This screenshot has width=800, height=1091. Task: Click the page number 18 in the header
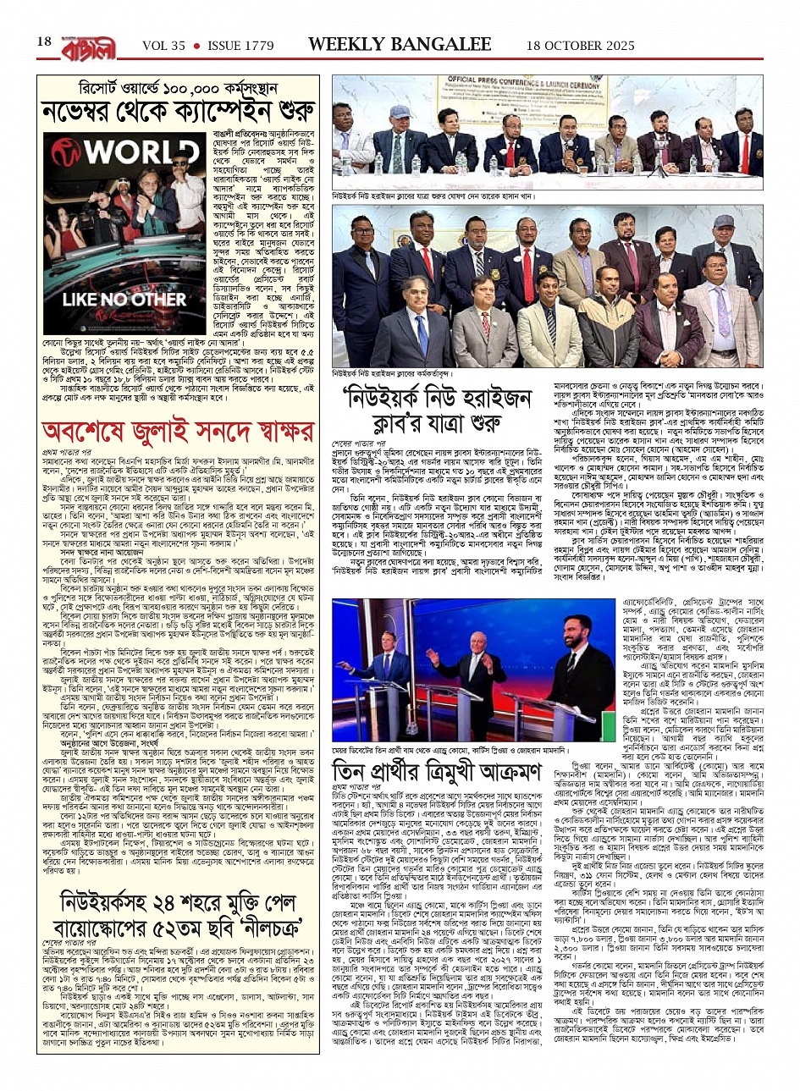tap(44, 42)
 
